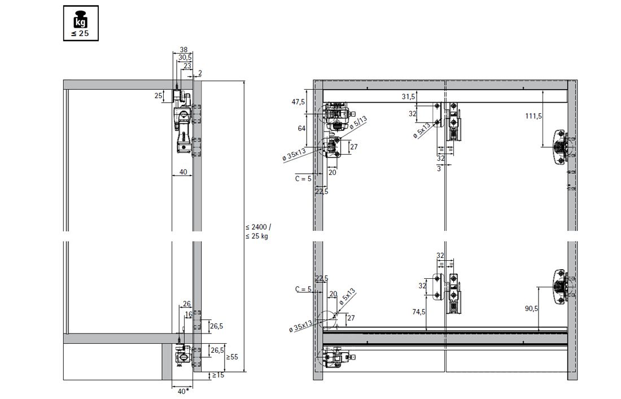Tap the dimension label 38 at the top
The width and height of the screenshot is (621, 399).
(x=183, y=50)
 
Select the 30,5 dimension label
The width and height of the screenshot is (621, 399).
(x=185, y=58)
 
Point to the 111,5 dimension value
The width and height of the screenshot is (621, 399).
(x=533, y=116)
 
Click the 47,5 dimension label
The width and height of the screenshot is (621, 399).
(x=298, y=102)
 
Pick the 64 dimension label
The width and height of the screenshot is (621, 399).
(x=302, y=128)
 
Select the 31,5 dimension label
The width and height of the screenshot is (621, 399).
(x=408, y=97)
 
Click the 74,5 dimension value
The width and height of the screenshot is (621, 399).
(x=419, y=312)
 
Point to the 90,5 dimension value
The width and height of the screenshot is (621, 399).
(x=531, y=308)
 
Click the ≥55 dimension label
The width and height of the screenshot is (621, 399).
(x=232, y=357)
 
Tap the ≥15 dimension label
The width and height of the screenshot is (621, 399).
(x=218, y=375)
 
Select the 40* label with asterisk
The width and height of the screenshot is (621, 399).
(x=183, y=392)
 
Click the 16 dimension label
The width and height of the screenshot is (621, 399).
(x=189, y=315)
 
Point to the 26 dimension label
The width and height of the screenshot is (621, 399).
(x=186, y=304)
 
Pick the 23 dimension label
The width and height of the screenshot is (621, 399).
(x=187, y=65)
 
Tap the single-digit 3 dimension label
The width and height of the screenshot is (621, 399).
(x=439, y=168)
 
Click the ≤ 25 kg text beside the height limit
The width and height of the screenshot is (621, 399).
(x=257, y=236)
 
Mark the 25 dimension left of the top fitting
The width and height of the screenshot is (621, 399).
(x=159, y=96)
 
